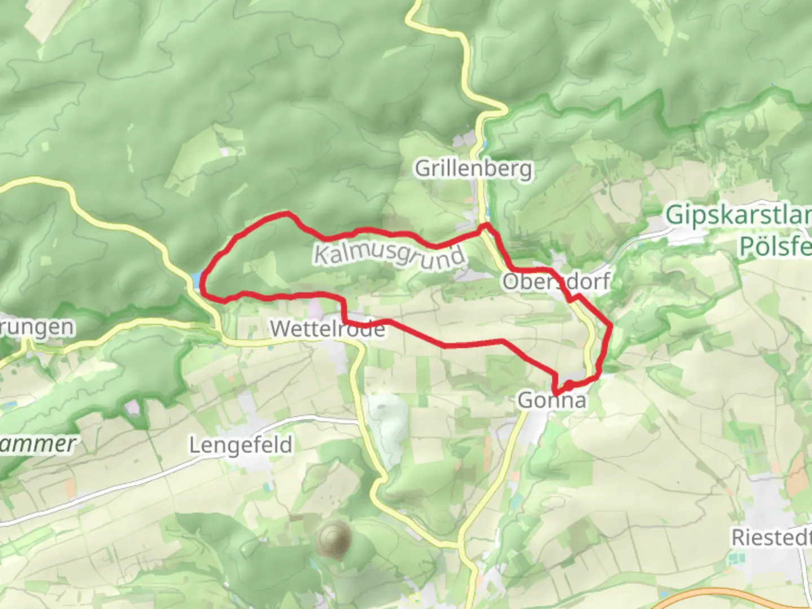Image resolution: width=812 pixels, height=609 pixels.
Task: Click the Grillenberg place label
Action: [x=473, y=169]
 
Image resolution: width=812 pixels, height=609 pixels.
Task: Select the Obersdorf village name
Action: [x=556, y=281]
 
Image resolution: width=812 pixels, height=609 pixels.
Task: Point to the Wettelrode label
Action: [x=327, y=328]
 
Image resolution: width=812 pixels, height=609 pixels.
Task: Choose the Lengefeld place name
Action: [x=241, y=445]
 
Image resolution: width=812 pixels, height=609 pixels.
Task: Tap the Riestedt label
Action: [x=771, y=537]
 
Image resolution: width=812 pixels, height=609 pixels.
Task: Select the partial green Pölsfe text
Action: [x=775, y=246]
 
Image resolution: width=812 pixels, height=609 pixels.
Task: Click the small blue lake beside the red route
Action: [x=195, y=280]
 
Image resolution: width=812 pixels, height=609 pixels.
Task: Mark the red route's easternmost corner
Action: [x=611, y=325]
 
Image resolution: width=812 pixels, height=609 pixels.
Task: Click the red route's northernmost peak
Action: [x=288, y=213]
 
